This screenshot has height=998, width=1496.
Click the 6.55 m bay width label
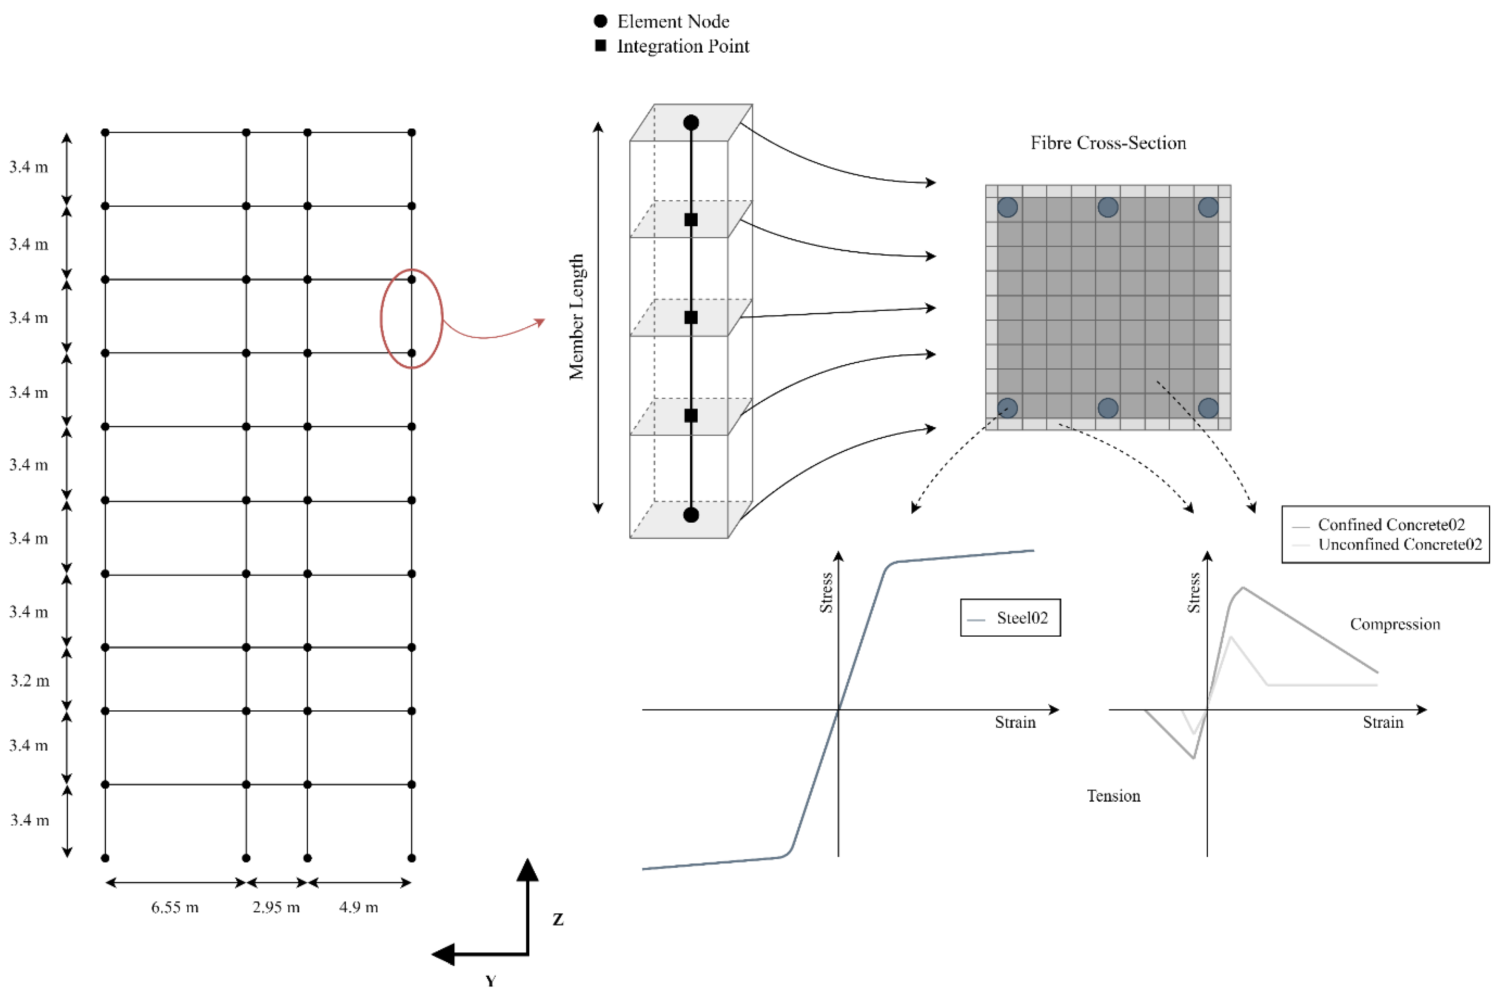click(x=175, y=907)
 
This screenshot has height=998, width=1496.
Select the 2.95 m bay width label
click(x=276, y=907)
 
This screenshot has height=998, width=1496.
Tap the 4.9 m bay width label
click(x=359, y=907)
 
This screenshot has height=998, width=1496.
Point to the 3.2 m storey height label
click(x=29, y=681)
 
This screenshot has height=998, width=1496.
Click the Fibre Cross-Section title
click(x=1108, y=143)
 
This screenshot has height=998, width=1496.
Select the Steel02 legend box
click(x=1010, y=618)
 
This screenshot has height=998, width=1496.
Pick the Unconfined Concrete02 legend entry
click(x=1399, y=544)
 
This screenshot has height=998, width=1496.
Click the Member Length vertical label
click(x=576, y=317)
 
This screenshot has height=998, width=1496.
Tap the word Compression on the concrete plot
click(x=1395, y=624)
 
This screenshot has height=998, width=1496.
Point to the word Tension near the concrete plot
click(x=1113, y=796)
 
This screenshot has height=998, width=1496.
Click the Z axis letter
click(x=558, y=919)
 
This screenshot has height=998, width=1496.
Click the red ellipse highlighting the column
click(x=381, y=318)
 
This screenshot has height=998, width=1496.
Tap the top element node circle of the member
click(x=691, y=122)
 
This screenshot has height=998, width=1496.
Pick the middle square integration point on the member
click(x=691, y=317)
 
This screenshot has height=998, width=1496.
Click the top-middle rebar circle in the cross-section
click(x=1108, y=207)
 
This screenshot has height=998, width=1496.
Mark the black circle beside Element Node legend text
click(x=600, y=21)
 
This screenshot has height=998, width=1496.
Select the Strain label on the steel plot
click(x=1015, y=722)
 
